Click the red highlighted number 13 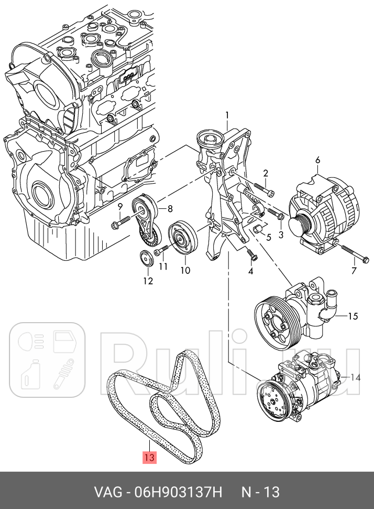click(149, 458)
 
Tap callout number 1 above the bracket click(227, 115)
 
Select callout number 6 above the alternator click(317, 160)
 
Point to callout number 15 click(352, 316)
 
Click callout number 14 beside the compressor click(356, 377)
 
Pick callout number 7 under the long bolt click(353, 271)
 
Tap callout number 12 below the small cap click(148, 281)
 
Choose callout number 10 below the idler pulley click(185, 270)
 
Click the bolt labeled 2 click(260, 188)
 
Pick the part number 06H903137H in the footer click(173, 492)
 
